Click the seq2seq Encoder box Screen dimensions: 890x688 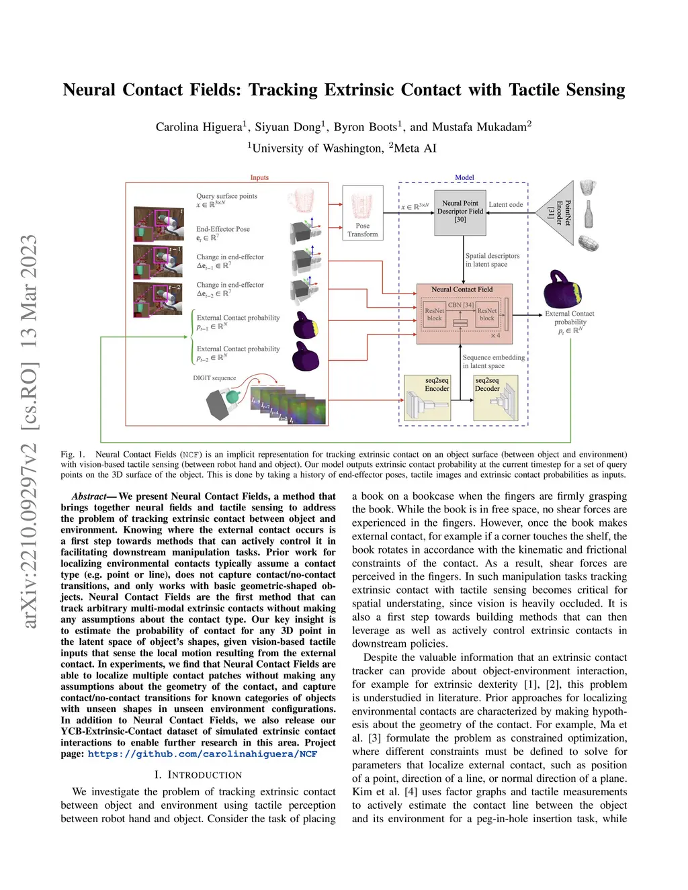point(427,398)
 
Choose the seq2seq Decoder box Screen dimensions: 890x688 point(496,398)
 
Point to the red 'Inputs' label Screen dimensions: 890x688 point(259,177)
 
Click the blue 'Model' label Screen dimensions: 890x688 point(464,177)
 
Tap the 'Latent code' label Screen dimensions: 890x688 point(505,205)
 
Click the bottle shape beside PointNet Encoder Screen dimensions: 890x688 point(589,214)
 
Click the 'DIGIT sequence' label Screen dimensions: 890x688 point(214,378)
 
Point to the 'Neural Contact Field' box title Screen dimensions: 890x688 point(462,290)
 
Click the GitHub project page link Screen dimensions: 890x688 point(202,754)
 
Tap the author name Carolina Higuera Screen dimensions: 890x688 point(200,127)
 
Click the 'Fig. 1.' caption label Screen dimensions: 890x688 point(73,455)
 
